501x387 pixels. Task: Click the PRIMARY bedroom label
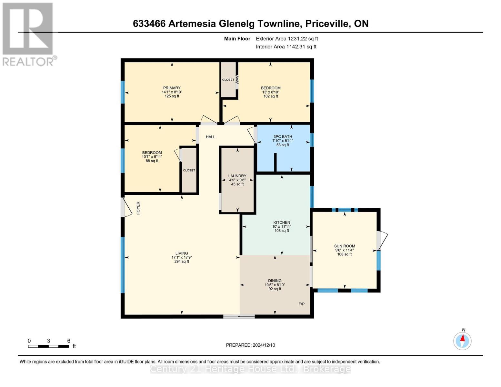coord(172,88)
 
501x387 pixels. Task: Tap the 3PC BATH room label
coord(283,136)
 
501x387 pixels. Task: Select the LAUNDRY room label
coord(237,176)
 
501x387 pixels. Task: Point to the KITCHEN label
coord(282,223)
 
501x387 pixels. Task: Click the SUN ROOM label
coord(344,246)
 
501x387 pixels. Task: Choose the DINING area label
coord(275,281)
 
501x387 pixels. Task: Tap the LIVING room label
coord(182,253)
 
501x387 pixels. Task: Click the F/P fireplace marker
coord(301,304)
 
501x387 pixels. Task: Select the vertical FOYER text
coord(138,208)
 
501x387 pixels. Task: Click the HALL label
coord(210,137)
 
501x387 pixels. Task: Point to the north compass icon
coord(462,341)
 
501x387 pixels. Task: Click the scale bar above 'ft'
coord(48,346)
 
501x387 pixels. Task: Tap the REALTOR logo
coord(28,34)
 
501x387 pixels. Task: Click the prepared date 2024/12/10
coord(250,345)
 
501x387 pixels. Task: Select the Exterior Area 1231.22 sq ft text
coord(287,39)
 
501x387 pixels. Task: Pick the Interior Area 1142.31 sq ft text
coord(286,47)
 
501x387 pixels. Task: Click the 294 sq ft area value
coord(182,262)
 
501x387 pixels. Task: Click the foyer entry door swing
coord(126,207)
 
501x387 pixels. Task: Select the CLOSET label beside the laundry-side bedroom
coord(189,170)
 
